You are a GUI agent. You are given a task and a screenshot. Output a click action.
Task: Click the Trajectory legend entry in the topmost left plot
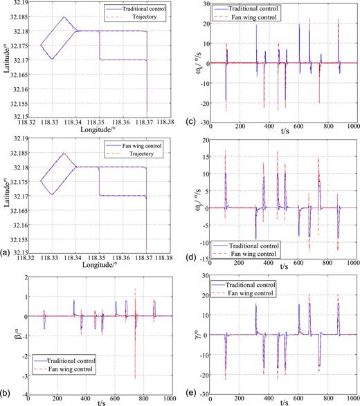(x=138, y=16)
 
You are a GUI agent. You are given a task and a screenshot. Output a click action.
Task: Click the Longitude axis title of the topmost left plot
(x=87, y=131)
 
